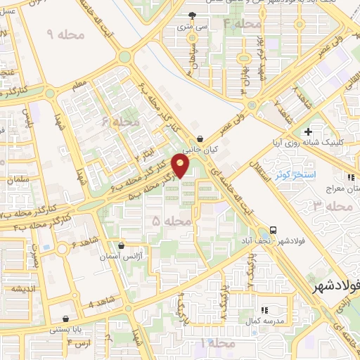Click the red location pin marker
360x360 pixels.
(x=181, y=166)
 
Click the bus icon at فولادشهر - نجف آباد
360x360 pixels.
(x=273, y=230)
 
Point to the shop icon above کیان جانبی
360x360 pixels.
(x=202, y=139)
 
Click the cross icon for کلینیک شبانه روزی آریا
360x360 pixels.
(x=308, y=131)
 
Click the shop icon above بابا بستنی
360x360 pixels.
(x=65, y=319)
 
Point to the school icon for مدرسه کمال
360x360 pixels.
(x=264, y=309)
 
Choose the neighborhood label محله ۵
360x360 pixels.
(x=172, y=221)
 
